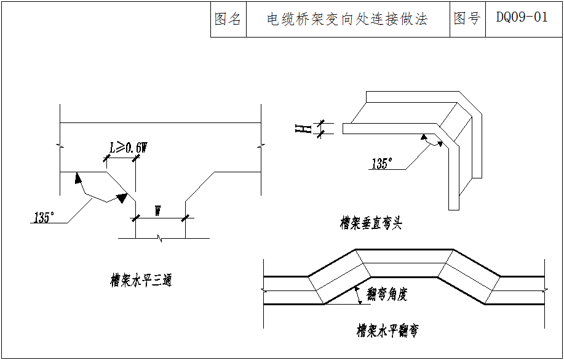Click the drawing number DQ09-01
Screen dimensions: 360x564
(522, 18)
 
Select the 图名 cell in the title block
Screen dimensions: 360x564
(228, 19)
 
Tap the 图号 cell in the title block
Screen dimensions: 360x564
(467, 18)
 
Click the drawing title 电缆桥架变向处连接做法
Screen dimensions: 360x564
(347, 19)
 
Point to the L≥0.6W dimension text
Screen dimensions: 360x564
(128, 148)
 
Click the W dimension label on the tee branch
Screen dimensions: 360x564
(158, 211)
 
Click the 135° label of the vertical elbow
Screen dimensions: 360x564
(381, 164)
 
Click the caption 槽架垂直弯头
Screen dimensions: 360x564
(371, 223)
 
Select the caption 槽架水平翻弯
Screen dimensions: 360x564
(387, 331)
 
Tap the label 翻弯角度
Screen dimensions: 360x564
(386, 295)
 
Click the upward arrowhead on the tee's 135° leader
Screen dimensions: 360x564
(78, 178)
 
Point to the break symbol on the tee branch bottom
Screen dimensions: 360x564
(161, 238)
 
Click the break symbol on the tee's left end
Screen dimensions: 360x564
(60, 145)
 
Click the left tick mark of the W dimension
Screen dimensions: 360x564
(136, 217)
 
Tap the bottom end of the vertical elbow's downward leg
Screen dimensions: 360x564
(454, 209)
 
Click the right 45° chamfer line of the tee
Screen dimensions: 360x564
(199, 185)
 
